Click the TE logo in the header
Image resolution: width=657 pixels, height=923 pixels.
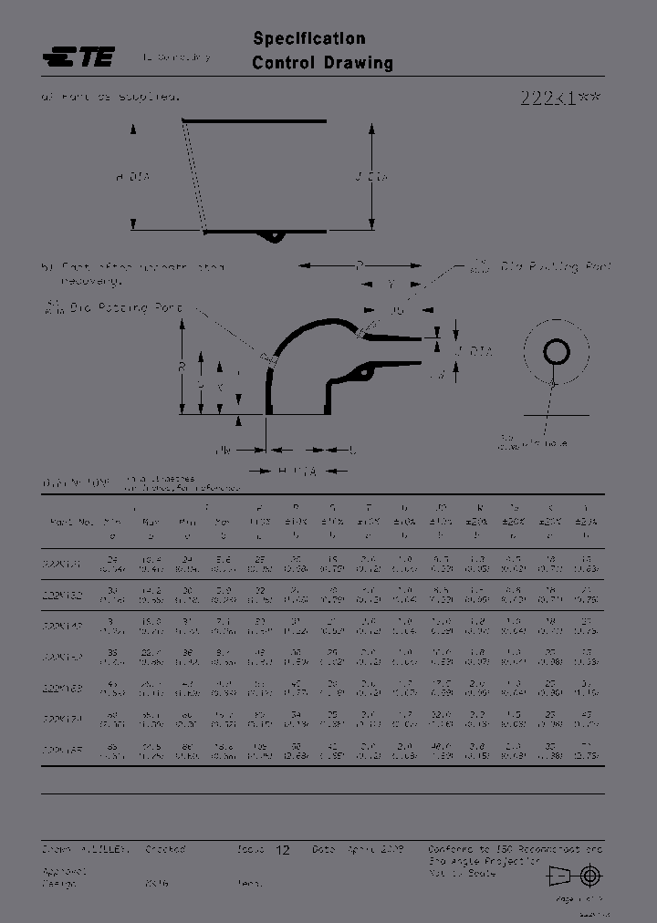tap(78, 57)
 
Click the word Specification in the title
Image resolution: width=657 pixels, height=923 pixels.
tap(309, 38)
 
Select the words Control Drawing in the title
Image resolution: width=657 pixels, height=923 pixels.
tap(322, 63)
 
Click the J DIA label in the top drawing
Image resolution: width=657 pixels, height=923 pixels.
tap(372, 177)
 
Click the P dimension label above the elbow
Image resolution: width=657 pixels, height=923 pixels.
tap(360, 265)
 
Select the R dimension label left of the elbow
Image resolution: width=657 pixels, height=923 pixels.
tap(182, 368)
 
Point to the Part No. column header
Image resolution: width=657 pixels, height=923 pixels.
tap(70, 522)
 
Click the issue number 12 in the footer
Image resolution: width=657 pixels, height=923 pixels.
tap(283, 849)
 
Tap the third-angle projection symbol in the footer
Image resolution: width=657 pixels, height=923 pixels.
tap(575, 876)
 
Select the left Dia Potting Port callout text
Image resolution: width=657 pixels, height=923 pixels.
tap(113, 308)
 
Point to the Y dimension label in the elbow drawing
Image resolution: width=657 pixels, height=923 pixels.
tap(391, 285)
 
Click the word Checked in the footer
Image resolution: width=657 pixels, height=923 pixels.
tap(165, 848)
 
